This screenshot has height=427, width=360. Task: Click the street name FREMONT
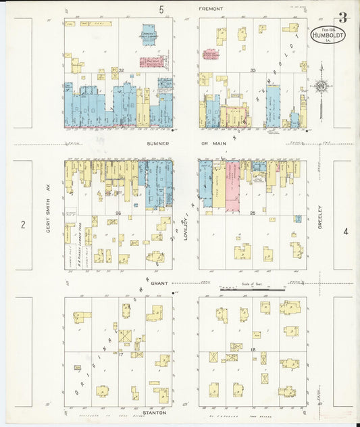tap(211, 9)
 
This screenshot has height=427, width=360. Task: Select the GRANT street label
tap(159, 284)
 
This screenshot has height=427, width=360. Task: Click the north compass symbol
tap(322, 86)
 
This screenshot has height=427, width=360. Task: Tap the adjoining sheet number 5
tap(161, 9)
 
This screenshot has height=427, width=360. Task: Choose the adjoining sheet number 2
tap(23, 224)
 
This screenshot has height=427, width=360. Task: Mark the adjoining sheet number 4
tap(346, 232)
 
